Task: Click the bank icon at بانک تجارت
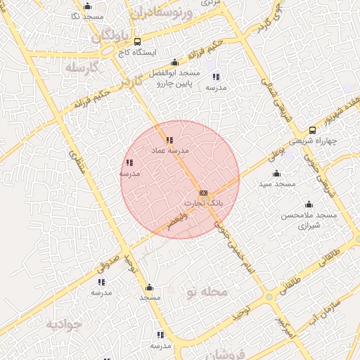[203, 193]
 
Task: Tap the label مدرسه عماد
[167, 150]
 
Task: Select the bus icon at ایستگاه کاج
[137, 41]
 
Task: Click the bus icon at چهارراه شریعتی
[312, 130]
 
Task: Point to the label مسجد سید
[274, 184]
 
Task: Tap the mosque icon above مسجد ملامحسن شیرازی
[309, 205]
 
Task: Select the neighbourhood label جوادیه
[65, 324]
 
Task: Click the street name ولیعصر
[169, 220]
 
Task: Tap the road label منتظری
[79, 164]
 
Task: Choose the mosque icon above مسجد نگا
[88, 6]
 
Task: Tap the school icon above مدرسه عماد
[169, 139]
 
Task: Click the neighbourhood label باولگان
[111, 34]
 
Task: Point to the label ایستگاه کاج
[137, 53]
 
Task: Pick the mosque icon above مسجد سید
[276, 173]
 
